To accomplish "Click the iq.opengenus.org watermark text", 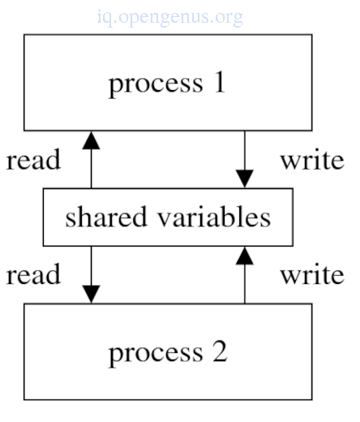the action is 169,18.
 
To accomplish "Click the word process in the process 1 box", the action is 156,84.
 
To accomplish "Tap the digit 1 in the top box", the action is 221,82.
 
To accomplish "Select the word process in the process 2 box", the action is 156,354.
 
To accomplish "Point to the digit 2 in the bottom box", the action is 221,351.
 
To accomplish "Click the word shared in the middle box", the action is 106,217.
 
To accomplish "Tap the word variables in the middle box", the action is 214,217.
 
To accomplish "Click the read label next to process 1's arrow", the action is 33,160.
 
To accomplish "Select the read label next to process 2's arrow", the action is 33,274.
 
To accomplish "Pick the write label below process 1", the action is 312,161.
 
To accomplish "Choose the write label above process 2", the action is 312,275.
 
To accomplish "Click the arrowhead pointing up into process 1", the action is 91,140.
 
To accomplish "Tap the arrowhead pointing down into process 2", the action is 91,294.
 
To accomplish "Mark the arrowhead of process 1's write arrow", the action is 245,179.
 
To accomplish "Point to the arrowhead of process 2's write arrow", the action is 245,256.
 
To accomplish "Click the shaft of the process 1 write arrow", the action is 245,150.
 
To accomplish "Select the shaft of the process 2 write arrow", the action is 245,284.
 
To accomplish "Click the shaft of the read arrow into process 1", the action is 91,168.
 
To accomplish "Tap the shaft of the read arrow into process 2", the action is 91,266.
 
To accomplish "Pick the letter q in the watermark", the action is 108,19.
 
